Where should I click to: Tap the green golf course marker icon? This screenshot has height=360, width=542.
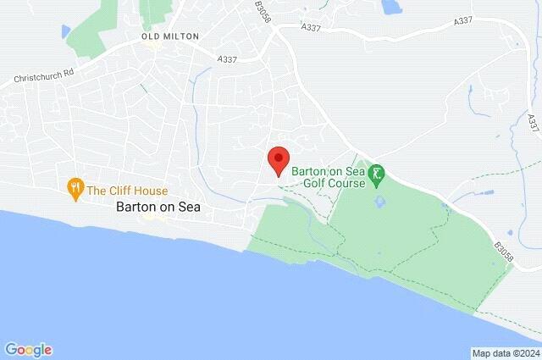point(377,178)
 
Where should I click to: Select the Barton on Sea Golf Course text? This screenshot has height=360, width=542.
point(329,176)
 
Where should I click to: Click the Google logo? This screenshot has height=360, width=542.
point(28,349)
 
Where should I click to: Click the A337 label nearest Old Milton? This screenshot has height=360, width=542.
point(228,59)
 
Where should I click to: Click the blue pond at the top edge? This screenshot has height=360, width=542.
point(390,8)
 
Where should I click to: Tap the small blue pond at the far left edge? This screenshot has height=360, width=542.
point(65,31)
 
